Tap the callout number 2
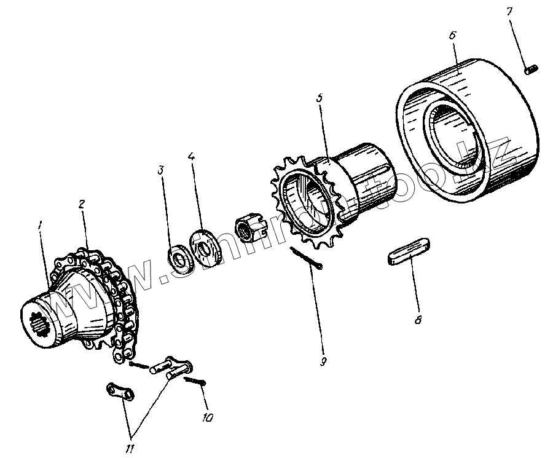pos(81,203)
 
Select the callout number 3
pos(160,170)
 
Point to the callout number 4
pos(192,157)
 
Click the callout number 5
pos(319,98)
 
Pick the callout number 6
pos(452,36)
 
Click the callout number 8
pos(418,320)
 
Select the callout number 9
pos(323,361)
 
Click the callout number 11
pos(130,449)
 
